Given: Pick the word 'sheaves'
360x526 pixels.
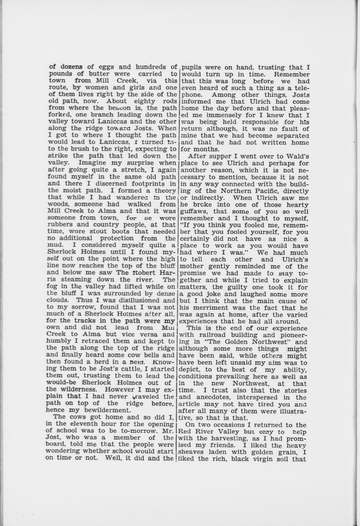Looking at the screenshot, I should pos(193,452).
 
